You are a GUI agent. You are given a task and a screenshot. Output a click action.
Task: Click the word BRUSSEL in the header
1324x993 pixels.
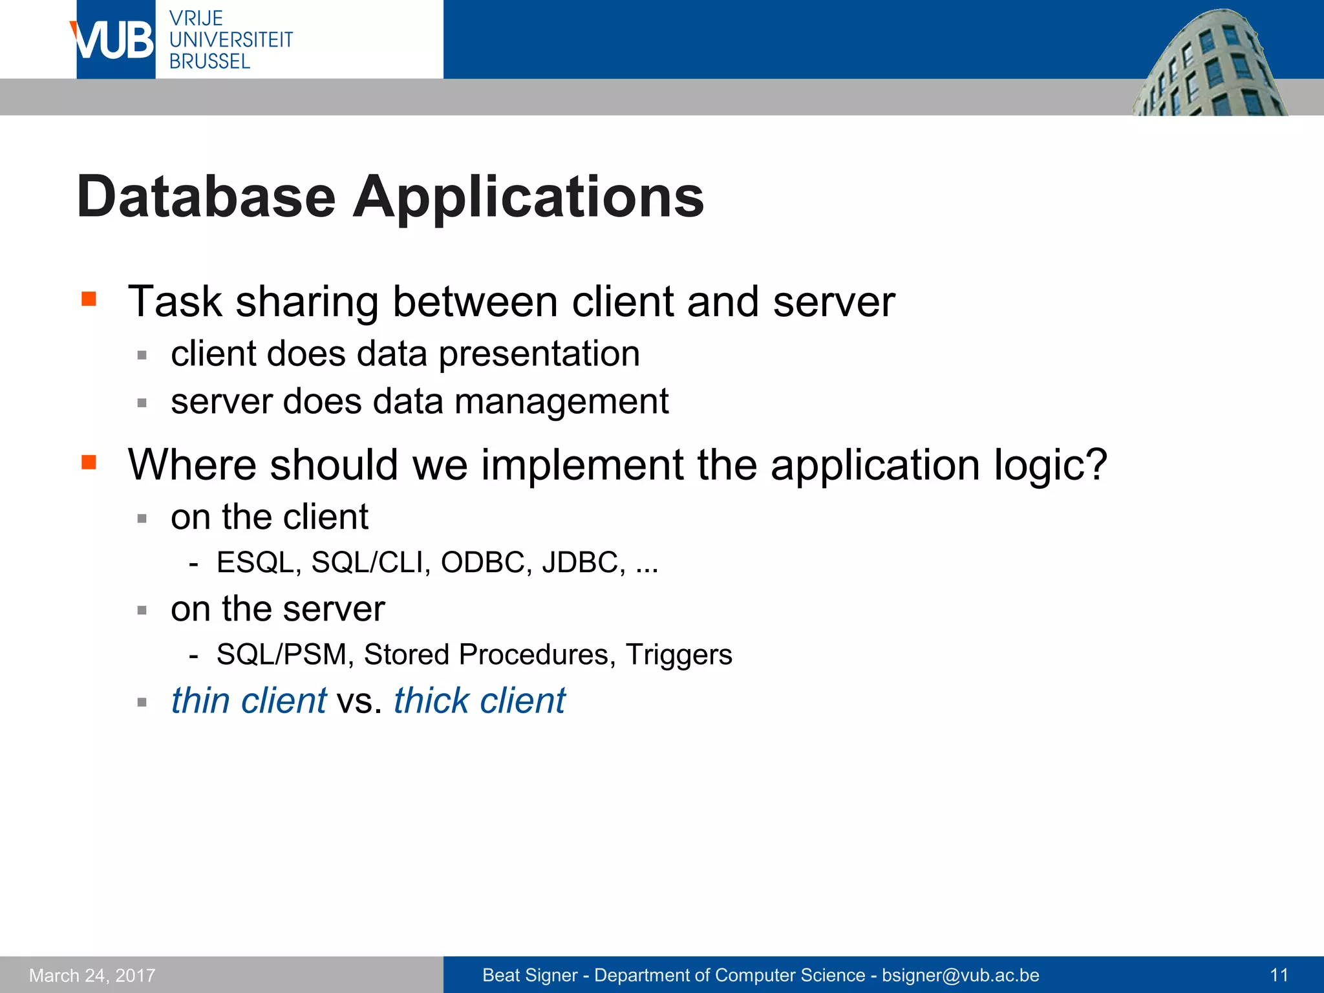point(209,61)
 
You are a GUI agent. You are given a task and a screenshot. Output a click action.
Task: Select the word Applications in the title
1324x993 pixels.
point(528,198)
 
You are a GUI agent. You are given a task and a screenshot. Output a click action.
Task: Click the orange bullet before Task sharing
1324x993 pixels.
point(89,299)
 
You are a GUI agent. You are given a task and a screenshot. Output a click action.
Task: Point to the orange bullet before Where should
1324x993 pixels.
point(89,462)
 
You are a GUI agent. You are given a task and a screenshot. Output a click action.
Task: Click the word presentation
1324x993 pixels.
point(539,354)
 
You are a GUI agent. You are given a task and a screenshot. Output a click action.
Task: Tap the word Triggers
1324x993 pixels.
point(678,654)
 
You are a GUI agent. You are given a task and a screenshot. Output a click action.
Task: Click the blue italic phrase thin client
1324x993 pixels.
point(248,700)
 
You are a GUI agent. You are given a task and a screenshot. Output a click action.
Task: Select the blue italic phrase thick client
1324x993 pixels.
point(479,700)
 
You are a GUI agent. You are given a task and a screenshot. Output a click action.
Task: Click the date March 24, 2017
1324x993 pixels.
point(92,975)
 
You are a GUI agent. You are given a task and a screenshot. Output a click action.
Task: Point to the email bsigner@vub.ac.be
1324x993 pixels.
point(960,975)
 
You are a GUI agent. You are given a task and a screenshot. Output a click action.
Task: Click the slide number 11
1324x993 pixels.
point(1279,975)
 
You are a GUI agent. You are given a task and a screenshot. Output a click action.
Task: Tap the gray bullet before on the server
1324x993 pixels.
point(142,610)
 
